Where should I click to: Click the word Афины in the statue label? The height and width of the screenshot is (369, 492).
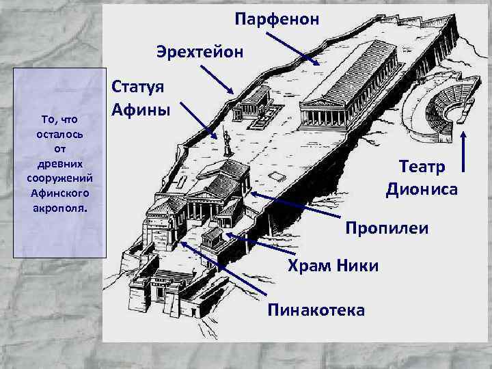point(141,109)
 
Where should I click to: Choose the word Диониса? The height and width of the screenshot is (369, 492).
point(421,189)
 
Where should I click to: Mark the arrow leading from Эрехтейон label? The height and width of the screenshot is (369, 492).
point(218,79)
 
